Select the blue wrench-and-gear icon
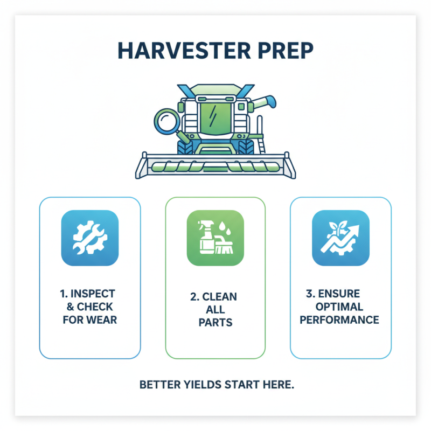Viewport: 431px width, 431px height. pos(89,238)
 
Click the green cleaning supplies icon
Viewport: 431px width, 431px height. pos(215,238)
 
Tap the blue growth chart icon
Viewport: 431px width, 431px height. pos(340,238)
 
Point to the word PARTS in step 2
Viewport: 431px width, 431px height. pos(215,322)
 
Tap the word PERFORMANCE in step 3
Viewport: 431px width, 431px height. pos(339,320)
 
